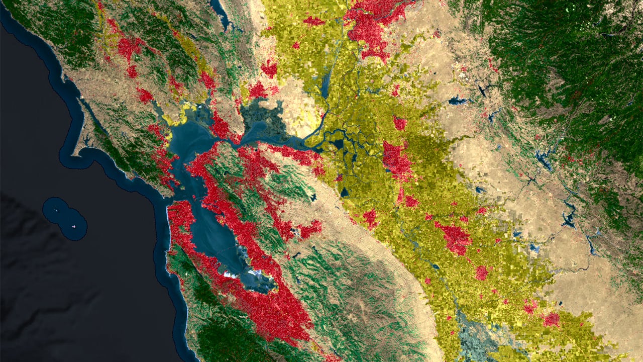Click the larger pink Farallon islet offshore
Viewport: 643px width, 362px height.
(x=75, y=226)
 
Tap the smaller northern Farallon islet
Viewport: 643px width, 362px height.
(x=56, y=210)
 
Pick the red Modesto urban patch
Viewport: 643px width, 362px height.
(x=455, y=238)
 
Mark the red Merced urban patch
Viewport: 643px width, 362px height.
(x=551, y=319)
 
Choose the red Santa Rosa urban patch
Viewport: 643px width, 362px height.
(x=128, y=48)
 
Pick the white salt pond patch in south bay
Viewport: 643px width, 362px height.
(x=231, y=275)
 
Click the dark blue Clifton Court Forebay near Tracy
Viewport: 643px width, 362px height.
(x=344, y=192)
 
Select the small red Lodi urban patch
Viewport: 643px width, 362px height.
(x=400, y=123)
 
